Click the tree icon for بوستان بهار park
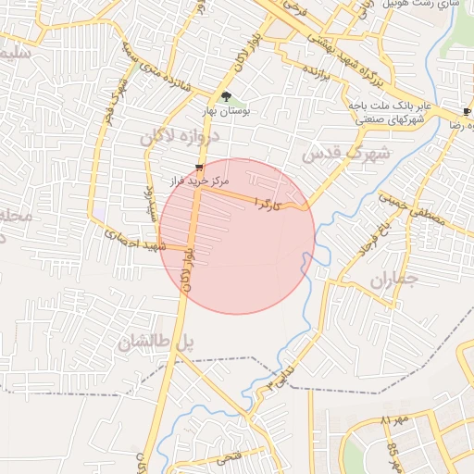coord(227,95)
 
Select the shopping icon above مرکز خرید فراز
coord(198,168)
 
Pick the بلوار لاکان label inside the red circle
coord(188,268)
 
